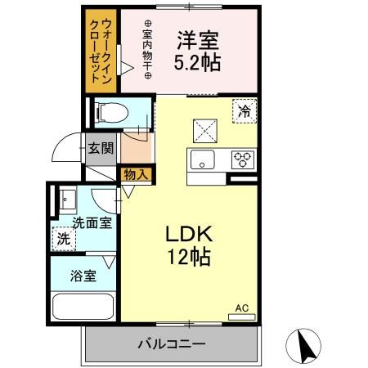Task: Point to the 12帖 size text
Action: point(190,258)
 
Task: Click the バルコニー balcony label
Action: point(171,344)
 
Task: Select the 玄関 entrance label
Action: point(101,150)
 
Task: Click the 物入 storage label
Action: point(137,173)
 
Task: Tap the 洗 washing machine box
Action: point(63,239)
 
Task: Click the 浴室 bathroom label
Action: point(83,276)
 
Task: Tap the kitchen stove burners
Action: point(244,159)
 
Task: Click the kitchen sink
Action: point(203,159)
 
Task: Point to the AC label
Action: point(241,307)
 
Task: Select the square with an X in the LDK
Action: point(204,128)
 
